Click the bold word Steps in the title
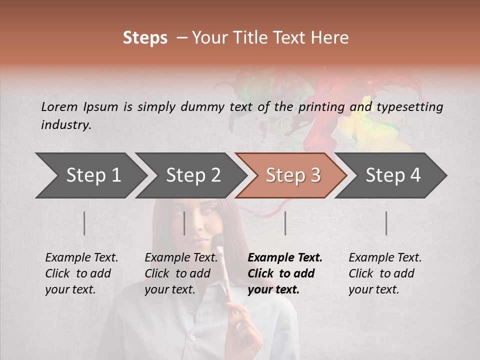point(145,38)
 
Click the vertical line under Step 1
point(84,223)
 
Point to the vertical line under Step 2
point(184,223)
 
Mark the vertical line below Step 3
point(285,223)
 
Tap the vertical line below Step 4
point(386,223)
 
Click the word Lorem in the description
point(59,106)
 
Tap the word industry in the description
point(66,125)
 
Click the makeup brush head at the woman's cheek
point(218,242)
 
